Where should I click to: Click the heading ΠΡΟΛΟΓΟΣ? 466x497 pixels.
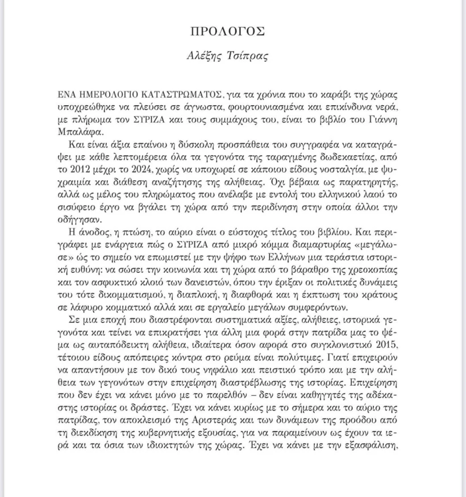point(232,32)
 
